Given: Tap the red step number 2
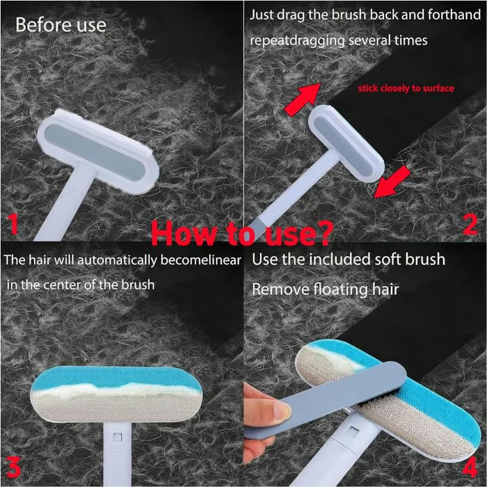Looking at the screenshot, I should (x=471, y=223).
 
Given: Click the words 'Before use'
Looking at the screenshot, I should (x=61, y=25).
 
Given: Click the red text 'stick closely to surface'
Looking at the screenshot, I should (x=406, y=88).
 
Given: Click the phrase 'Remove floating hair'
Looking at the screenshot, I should (x=325, y=289).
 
